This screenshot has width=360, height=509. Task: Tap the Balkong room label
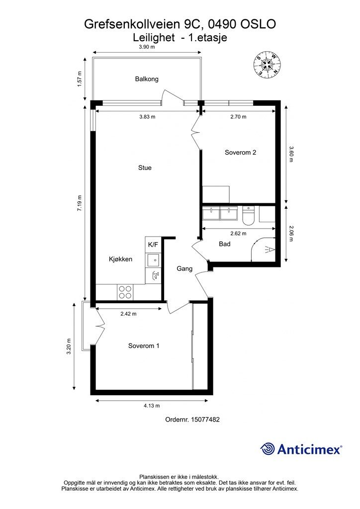tap(147, 79)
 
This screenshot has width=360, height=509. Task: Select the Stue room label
tap(145, 168)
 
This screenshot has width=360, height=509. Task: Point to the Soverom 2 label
tap(241, 152)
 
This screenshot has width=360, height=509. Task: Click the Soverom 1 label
tap(144, 346)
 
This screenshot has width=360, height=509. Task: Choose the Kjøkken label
tap(120, 259)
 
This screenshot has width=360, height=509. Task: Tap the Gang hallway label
tap(184, 269)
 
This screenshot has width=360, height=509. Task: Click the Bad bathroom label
tap(225, 244)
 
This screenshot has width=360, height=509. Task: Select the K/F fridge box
tap(153, 245)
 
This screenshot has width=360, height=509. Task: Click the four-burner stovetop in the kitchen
tap(125, 292)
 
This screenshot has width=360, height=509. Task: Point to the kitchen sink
tap(153, 259)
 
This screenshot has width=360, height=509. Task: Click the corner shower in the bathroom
tap(264, 250)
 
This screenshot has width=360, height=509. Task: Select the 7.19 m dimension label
tap(79, 203)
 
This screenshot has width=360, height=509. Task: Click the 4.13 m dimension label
tap(152, 406)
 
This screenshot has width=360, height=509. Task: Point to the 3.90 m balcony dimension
tap(147, 47)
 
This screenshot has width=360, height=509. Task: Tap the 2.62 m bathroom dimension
tap(238, 234)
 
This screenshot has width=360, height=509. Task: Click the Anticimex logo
tap(301, 449)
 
